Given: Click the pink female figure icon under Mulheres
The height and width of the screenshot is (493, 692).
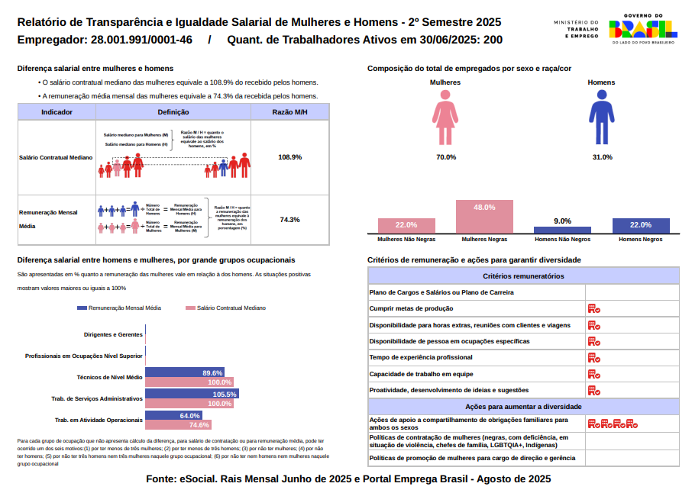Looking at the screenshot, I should point(445,116).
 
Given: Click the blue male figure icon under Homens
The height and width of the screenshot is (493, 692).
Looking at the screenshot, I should point(601,116).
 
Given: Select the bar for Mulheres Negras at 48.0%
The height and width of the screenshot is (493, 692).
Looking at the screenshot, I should point(484,217).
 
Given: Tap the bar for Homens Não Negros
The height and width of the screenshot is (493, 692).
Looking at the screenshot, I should point(562,230).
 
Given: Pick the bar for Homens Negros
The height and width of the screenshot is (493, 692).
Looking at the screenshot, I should point(641,225).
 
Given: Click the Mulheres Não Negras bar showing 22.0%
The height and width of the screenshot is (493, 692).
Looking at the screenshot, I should point(406,225).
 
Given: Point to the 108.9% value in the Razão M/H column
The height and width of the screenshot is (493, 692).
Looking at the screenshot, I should point(289,157).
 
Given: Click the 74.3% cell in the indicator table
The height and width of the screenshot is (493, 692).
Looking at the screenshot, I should point(289,220).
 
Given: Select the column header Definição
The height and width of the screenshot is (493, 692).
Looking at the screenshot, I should point(173,112).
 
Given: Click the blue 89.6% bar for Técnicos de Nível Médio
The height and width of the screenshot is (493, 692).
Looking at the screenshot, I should point(184,373).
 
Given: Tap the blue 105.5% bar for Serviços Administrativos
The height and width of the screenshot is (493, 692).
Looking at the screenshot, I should point(192,395).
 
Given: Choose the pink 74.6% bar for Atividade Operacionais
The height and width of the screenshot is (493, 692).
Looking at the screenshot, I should point(178,425).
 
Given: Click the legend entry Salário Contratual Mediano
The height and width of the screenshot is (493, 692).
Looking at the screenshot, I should point(226,308).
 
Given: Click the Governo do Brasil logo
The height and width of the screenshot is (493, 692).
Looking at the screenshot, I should point(642,29).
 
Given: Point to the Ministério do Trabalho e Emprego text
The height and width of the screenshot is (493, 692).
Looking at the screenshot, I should point(577,30).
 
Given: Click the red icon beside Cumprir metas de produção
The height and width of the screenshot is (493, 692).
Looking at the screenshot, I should point(593,308).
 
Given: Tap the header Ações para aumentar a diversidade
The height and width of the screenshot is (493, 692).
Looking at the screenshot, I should point(523,407).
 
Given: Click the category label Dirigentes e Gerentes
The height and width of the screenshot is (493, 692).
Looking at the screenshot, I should point(113,334).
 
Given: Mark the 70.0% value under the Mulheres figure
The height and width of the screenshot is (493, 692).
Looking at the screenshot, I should point(446,157).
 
